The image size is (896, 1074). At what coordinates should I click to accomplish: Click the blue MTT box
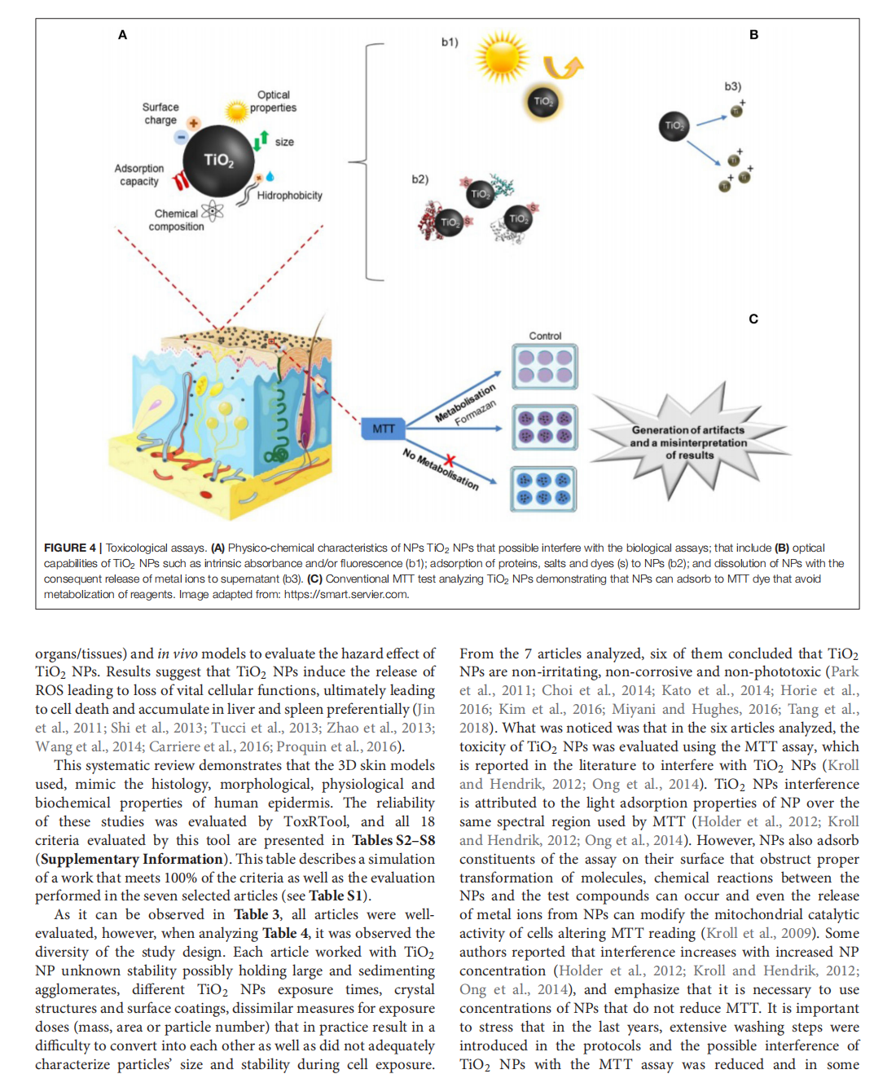coord(384,429)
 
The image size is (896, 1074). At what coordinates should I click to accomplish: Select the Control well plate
coord(544,366)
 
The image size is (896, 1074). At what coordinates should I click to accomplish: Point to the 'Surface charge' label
coord(160,113)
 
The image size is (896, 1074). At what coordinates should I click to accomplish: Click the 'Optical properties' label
coord(273,101)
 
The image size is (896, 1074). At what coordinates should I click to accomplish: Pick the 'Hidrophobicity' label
coord(289,196)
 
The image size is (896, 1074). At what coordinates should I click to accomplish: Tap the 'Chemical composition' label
coord(176,220)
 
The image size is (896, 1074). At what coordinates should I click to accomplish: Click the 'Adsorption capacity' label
coord(139,174)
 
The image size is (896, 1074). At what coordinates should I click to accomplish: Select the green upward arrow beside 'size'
coord(261,140)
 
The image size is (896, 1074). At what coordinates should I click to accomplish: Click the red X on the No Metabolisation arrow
coord(449,461)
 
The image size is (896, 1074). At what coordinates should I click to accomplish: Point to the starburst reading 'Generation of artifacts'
coord(688,442)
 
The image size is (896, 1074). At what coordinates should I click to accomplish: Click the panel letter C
coord(753,319)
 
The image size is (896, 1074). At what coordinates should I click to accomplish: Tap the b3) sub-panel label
coord(733,86)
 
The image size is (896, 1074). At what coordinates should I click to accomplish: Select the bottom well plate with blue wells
coord(544,489)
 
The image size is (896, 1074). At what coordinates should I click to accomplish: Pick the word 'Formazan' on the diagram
coord(475,413)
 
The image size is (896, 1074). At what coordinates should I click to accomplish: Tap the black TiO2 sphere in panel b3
coord(674,125)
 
